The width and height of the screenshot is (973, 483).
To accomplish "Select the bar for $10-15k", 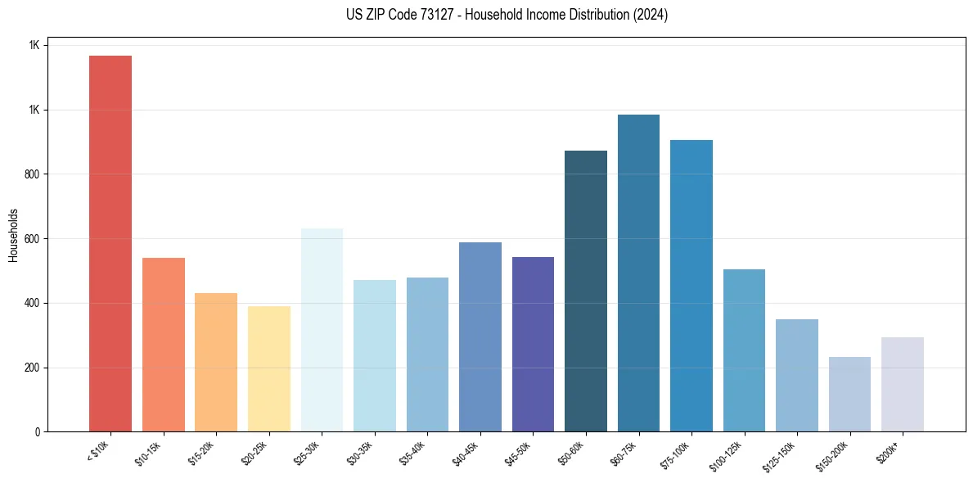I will [x=163, y=345].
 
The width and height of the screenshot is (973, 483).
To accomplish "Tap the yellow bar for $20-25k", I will [x=269, y=368].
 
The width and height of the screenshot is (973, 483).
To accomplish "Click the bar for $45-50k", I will [x=533, y=344].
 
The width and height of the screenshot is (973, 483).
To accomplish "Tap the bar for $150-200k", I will [x=849, y=394].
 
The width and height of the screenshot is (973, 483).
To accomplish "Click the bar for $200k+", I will [x=903, y=384].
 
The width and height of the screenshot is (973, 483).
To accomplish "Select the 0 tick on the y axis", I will [x=36, y=432].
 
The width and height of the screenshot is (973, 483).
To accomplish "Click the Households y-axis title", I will [x=13, y=235].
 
